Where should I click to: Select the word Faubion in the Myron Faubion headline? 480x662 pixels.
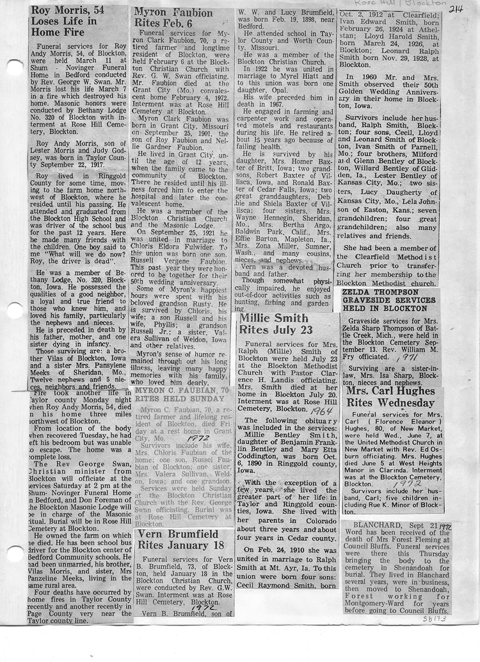coord(189,12)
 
